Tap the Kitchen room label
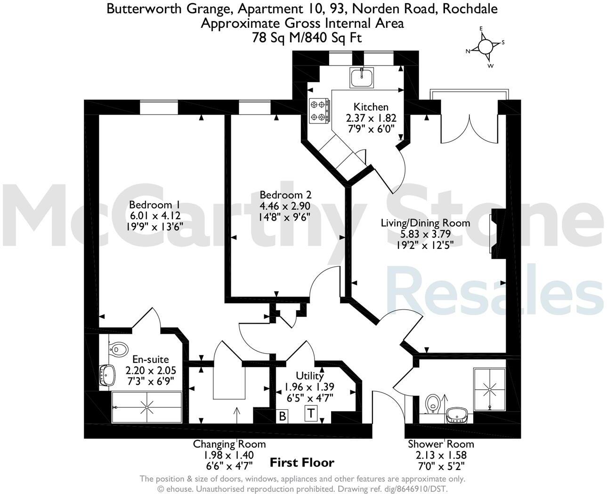click(371, 107)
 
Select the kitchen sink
click(362, 77)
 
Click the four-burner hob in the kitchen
click(318, 111)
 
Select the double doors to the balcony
click(469, 124)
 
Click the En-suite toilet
click(118, 349)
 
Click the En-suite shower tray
click(147, 407)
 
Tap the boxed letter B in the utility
click(283, 416)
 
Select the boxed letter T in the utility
click(311, 413)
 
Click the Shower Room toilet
click(432, 404)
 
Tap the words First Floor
click(302, 462)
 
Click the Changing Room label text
click(229, 444)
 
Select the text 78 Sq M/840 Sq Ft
click(307, 38)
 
